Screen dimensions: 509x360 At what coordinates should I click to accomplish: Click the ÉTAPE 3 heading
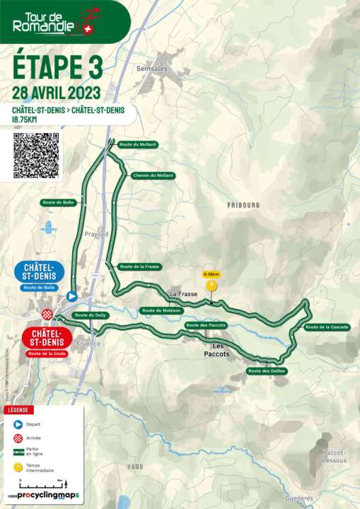tap(58, 68)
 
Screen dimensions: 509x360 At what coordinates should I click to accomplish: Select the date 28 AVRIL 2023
tap(56, 93)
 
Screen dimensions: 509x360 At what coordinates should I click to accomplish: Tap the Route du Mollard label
tap(138, 144)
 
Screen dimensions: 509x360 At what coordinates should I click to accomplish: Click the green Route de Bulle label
tap(59, 202)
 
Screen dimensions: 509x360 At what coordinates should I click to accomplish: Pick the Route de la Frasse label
tap(139, 267)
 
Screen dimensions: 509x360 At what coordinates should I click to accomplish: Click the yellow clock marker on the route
tap(211, 286)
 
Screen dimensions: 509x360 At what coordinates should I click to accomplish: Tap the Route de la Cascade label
tap(327, 327)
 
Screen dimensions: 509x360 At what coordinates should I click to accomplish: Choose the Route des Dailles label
tap(267, 370)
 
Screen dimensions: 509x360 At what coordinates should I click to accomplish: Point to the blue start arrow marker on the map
tap(71, 297)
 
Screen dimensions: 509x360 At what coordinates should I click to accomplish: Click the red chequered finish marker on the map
tap(48, 314)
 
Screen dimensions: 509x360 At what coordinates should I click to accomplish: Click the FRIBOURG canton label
tap(243, 205)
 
